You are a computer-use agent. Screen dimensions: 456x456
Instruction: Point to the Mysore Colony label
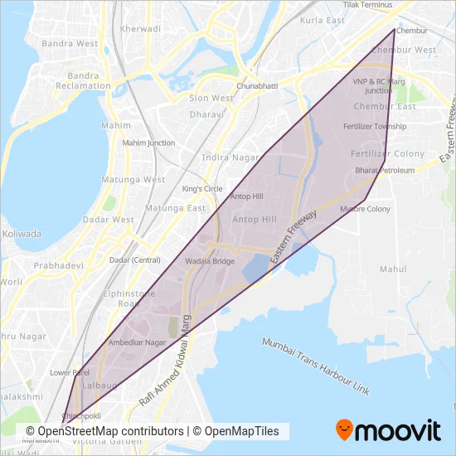[x=365, y=209]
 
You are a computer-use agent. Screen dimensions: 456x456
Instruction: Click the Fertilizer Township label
[x=376, y=127]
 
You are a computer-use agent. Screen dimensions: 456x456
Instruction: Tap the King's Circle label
[x=202, y=189]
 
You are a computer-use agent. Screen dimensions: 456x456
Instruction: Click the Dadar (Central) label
[x=134, y=260]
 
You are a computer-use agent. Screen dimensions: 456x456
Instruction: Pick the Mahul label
[x=392, y=269]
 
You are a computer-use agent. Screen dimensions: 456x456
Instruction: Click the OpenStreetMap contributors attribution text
[x=104, y=431]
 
